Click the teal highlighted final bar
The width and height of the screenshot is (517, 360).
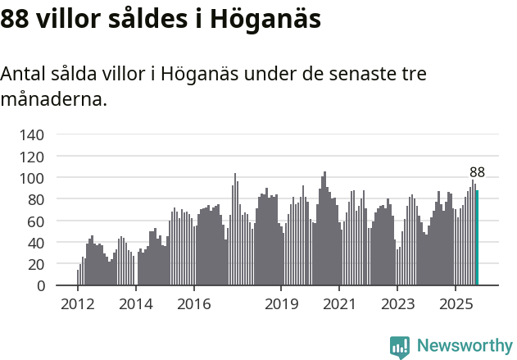click(477, 239)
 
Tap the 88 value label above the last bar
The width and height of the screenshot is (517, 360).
click(477, 172)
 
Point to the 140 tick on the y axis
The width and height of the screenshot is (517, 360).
click(33, 134)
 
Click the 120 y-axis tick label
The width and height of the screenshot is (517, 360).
click(33, 156)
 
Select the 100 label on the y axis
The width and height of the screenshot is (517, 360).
click(33, 178)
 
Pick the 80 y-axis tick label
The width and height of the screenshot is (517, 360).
click(37, 199)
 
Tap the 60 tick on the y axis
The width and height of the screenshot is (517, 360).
click(37, 221)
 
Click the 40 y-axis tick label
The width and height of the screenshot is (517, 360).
click(37, 243)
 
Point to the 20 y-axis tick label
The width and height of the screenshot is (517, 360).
click(37, 265)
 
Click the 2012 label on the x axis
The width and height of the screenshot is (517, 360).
click(78, 305)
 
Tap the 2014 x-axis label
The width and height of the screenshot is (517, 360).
click(136, 305)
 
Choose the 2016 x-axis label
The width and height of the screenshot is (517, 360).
click(193, 305)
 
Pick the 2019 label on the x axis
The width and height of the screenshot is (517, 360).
click(281, 305)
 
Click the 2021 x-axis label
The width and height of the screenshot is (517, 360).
click(339, 305)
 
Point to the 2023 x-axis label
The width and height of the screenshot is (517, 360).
click(397, 305)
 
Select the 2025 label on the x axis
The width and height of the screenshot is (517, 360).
click(456, 305)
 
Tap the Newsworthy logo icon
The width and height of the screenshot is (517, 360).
click(400, 347)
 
